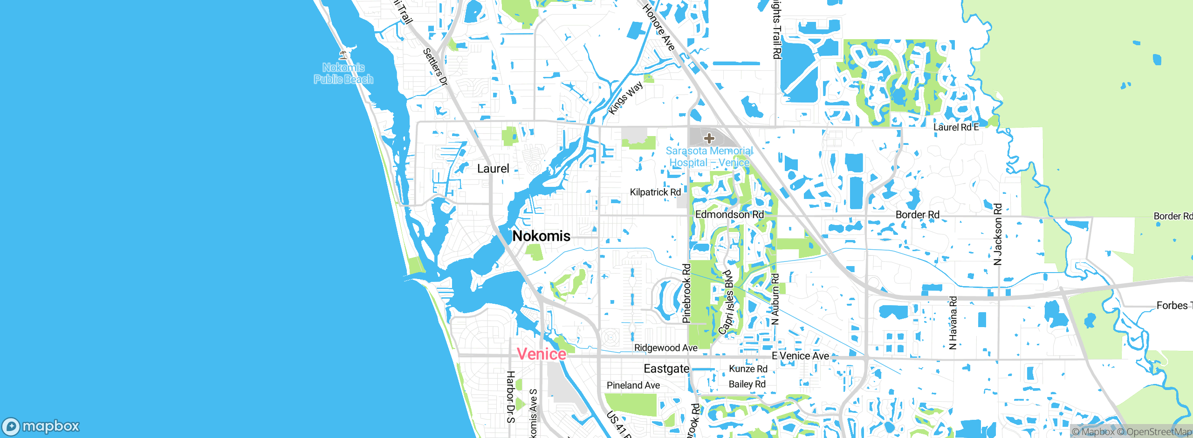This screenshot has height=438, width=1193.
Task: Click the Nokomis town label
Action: [541, 236]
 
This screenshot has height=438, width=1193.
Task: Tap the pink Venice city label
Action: [542, 354]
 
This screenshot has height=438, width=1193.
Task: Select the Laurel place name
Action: [493, 169]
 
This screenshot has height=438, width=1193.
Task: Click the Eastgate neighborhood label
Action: [666, 369]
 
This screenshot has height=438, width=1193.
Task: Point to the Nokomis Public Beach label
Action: [343, 74]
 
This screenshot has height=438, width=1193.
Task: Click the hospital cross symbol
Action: [709, 138]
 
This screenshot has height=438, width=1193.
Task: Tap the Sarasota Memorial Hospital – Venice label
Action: [709, 157]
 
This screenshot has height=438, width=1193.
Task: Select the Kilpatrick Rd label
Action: [655, 192]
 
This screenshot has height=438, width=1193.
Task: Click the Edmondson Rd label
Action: [729, 214]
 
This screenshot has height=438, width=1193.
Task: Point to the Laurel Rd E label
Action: [956, 127]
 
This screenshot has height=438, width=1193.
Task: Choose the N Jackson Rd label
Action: [998, 234]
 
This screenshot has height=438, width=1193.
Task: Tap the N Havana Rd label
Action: [953, 322]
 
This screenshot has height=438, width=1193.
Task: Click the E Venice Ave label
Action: [800, 356]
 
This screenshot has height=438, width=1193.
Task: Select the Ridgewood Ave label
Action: [665, 348]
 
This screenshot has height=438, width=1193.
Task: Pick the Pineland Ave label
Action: [633, 385]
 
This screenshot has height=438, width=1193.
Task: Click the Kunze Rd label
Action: [748, 369]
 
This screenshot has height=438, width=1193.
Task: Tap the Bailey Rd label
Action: [747, 384]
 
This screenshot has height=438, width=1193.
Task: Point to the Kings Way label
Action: [625, 98]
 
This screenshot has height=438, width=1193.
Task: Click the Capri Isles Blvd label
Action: [726, 302]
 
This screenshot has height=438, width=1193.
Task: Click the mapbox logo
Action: [41, 426]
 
